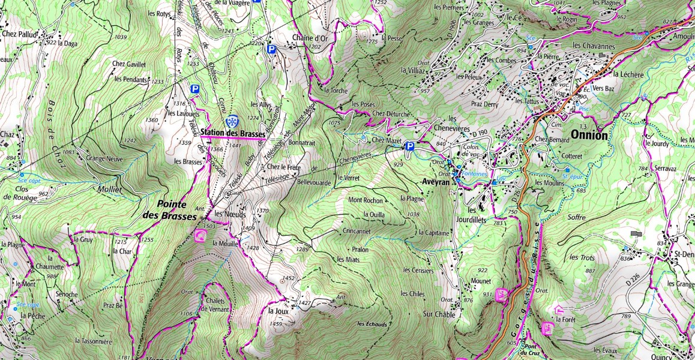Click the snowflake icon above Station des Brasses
[232, 122]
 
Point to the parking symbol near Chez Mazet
[410, 146]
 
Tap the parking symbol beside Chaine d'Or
[271, 49]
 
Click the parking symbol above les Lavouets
[194, 89]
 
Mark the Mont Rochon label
[366, 200]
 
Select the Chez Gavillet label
[129, 64]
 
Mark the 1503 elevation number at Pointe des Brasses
[206, 226]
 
